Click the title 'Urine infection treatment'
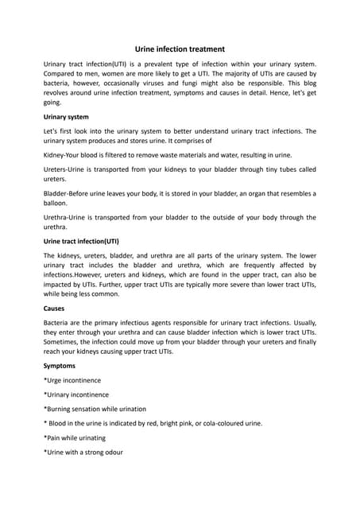click(180, 49)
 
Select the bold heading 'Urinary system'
click(66, 117)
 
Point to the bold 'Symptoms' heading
click(60, 366)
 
